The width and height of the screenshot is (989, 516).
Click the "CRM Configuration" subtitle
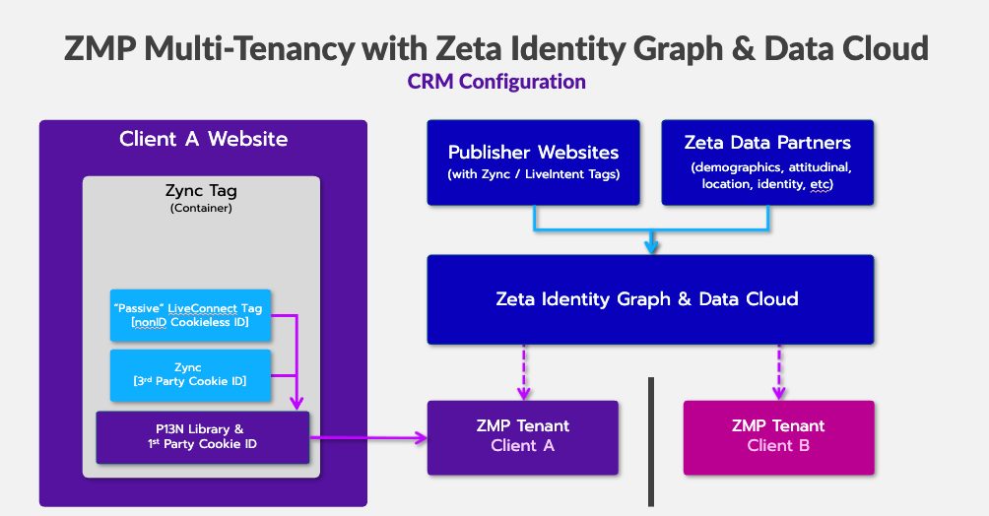[x=496, y=81]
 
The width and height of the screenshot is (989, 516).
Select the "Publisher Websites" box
[x=533, y=162]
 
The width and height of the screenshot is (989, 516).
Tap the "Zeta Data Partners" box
[x=767, y=162]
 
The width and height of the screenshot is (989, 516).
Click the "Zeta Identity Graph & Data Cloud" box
[x=649, y=299]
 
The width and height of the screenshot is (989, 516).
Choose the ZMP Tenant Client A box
[x=522, y=436]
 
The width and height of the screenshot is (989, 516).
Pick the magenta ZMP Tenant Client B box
[x=778, y=436]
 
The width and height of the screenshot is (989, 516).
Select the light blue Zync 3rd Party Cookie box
[x=189, y=374]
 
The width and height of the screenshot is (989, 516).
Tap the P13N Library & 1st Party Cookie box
[x=202, y=437]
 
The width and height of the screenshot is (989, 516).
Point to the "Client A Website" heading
[x=203, y=139]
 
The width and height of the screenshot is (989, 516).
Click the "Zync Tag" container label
[x=201, y=192]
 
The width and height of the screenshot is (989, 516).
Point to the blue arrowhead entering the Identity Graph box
[x=651, y=246]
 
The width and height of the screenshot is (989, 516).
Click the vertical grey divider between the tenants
[x=650, y=439]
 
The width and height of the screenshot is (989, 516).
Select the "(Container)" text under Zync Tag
[x=201, y=209]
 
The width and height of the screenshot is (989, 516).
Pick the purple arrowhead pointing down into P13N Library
[x=297, y=402]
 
